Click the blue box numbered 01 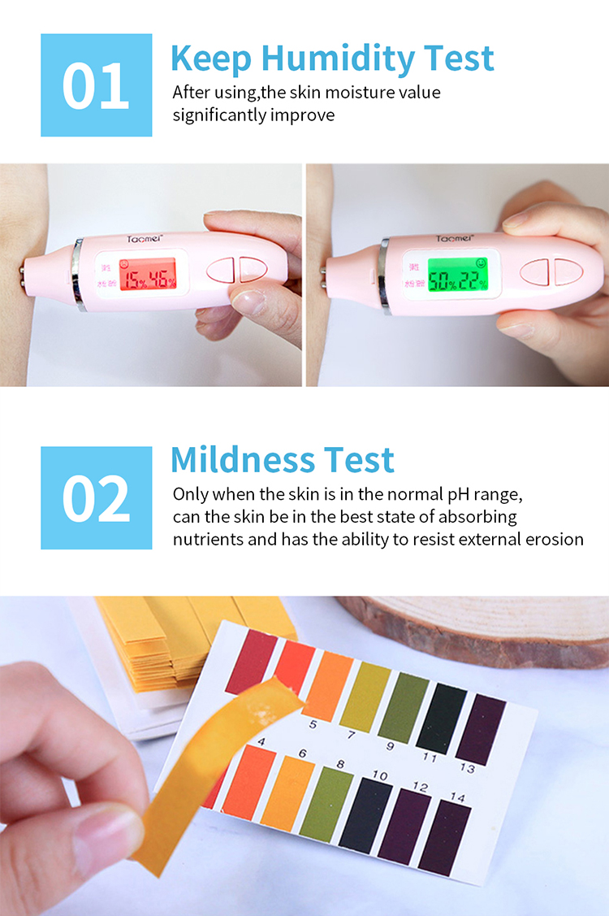tap(96, 85)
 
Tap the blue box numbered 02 tap(96, 497)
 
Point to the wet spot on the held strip tap(261, 714)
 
